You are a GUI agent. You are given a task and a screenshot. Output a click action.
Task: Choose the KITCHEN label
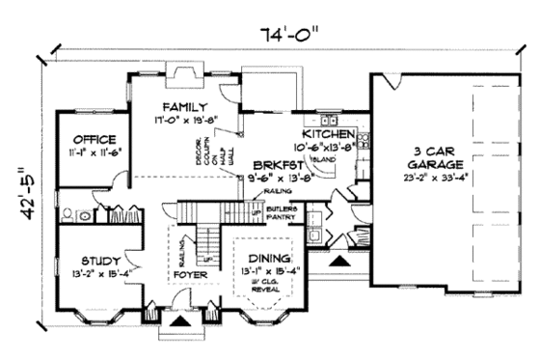coord(330,133)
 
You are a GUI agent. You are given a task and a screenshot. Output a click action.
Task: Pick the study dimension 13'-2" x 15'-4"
coord(94,274)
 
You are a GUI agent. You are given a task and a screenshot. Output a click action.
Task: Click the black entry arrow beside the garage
coord(337,259)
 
